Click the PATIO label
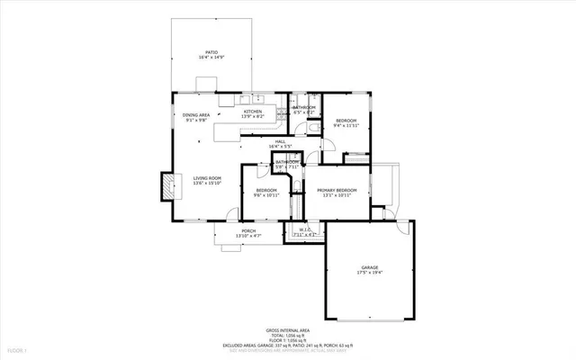tap(211, 52)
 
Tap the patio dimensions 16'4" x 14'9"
tap(211, 58)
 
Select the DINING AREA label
tap(196, 114)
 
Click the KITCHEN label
tap(253, 112)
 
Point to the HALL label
tap(280, 141)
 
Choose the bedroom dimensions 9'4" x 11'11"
tap(346, 126)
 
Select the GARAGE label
tap(370, 267)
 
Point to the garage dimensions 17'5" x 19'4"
tap(370, 273)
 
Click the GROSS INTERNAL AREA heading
tap(288, 329)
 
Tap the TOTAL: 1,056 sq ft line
tap(288, 335)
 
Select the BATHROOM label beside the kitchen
tap(303, 108)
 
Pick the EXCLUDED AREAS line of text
tap(288, 345)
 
